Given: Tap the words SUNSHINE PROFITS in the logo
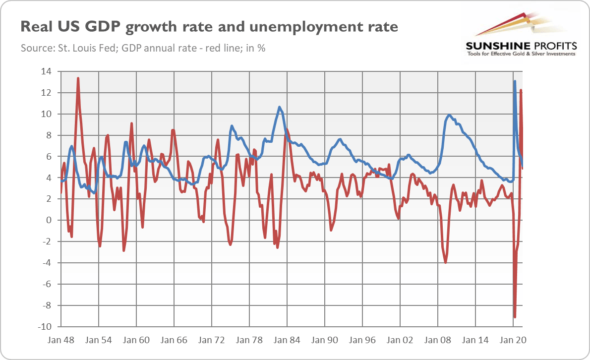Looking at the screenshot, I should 521,46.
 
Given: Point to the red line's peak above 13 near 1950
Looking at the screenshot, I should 78,78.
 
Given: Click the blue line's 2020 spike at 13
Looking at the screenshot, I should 515,81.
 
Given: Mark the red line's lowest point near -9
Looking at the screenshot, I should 515,317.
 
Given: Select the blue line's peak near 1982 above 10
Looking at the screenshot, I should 280,107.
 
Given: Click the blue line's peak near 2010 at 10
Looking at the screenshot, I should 449,115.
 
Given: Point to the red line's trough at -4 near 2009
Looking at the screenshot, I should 446,262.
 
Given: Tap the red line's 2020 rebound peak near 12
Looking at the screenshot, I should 521,90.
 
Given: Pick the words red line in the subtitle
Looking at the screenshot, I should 215,49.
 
